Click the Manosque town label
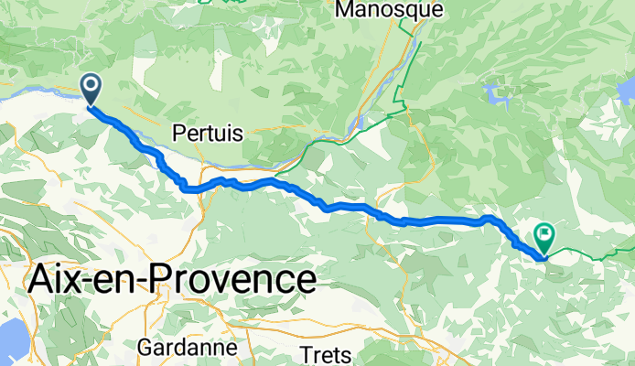point(390,10)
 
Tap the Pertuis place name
point(208,133)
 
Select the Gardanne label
point(188,349)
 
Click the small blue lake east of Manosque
point(497,93)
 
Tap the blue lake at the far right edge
point(627,91)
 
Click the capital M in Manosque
point(347,10)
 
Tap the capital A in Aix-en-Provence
point(43,278)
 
